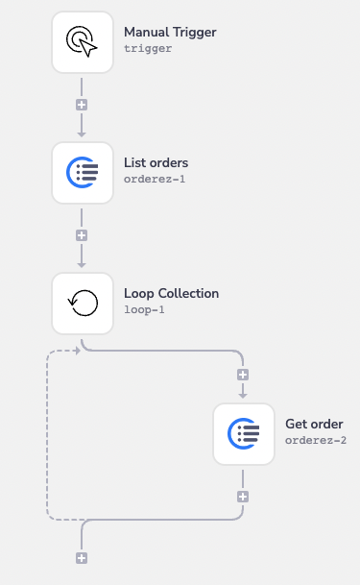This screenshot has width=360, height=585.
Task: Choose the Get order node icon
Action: tap(243, 433)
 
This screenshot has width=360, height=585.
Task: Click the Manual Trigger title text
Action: tap(170, 33)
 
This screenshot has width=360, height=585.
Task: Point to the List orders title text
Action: tap(156, 162)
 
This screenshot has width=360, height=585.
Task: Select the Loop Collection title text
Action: tap(171, 294)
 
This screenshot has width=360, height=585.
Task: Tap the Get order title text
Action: tap(314, 424)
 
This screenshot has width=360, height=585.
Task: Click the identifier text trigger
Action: tap(148, 48)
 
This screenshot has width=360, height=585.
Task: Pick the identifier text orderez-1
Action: tap(155, 179)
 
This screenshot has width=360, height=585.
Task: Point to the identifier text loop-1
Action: tap(144, 310)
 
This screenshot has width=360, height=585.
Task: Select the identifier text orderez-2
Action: tap(316, 440)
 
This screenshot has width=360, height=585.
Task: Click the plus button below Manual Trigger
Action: tap(82, 104)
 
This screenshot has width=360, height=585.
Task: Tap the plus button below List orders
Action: tap(82, 234)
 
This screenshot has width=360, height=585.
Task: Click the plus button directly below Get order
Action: tap(243, 497)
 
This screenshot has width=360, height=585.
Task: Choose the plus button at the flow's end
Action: tap(82, 558)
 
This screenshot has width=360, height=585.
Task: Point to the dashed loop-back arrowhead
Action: tap(76, 350)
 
